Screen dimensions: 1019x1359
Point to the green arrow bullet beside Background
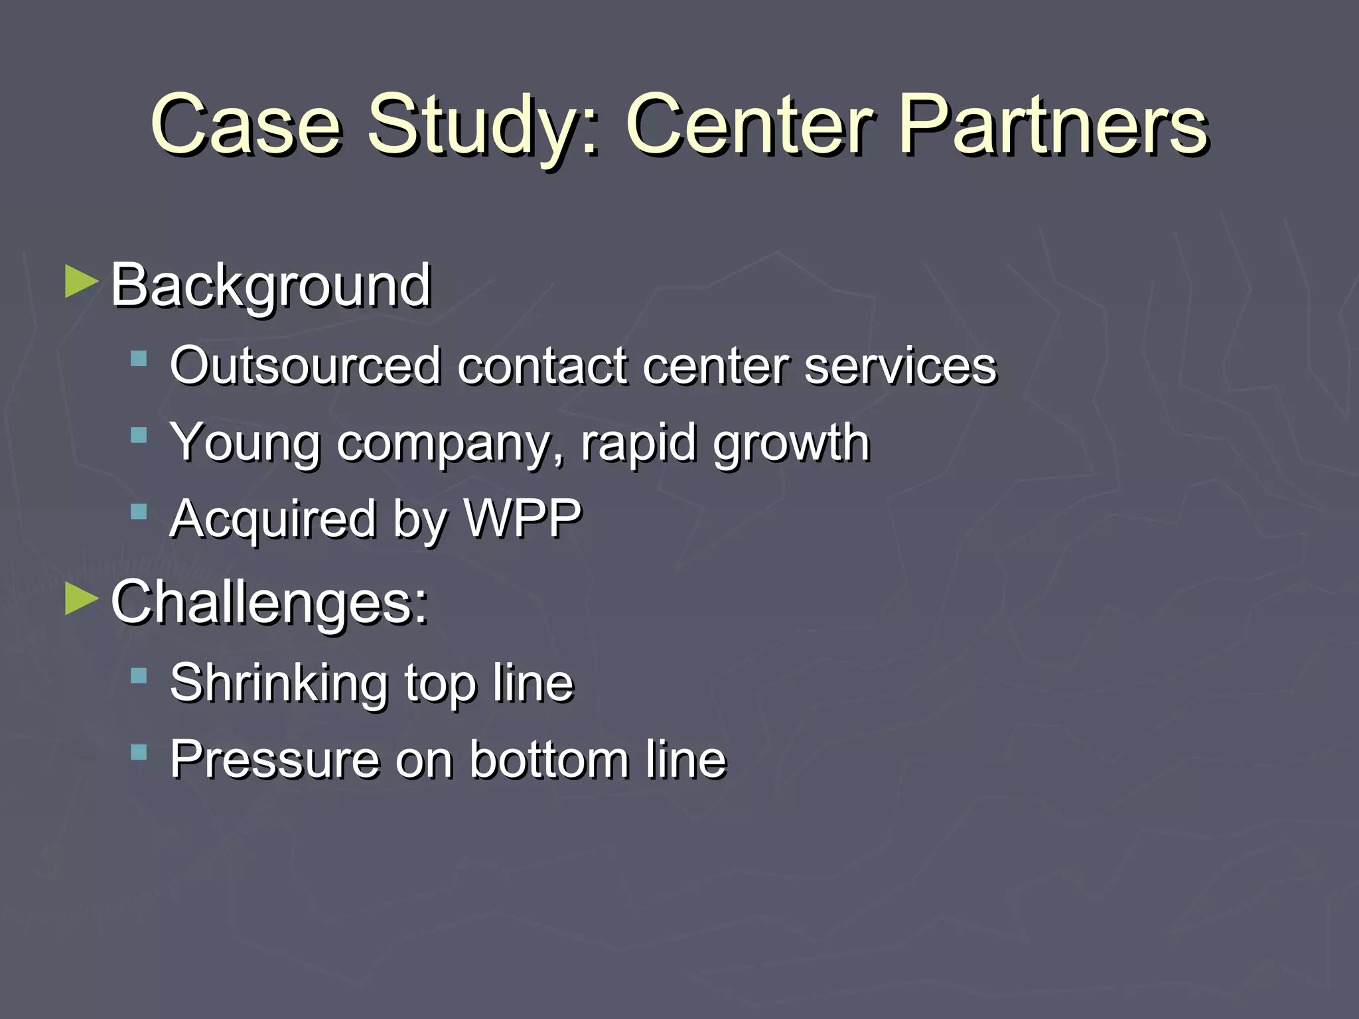tap(82, 283)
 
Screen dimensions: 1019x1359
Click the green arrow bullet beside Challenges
tap(82, 600)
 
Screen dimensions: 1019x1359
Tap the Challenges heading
tap(269, 602)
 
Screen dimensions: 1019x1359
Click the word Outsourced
tap(305, 366)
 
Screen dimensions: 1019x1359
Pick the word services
tap(900, 366)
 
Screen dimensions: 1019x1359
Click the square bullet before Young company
tap(139, 436)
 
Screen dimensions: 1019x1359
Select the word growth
tap(791, 443)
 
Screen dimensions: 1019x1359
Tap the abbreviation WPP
tap(523, 518)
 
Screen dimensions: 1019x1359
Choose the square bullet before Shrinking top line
tap(139, 677)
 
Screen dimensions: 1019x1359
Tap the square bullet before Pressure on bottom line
tap(139, 752)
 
